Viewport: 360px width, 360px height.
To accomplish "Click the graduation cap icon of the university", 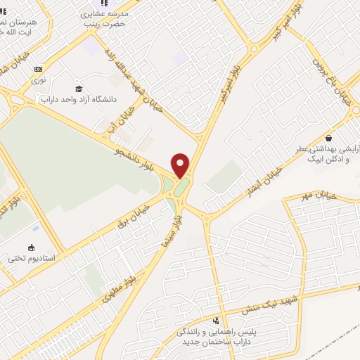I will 79,89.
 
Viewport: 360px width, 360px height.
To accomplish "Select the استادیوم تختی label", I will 26,258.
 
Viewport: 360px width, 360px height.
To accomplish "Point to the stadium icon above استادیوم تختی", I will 30,247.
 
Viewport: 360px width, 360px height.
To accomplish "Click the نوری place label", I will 38,80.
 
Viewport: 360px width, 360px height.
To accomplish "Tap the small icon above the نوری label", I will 38,69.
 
